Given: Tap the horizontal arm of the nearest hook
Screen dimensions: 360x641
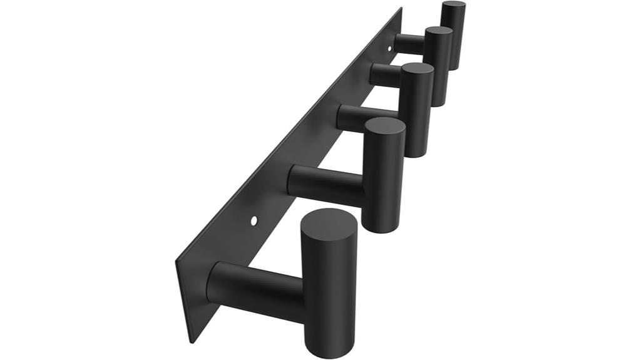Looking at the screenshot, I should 257,289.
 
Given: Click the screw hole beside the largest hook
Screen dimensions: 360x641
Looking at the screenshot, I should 253,220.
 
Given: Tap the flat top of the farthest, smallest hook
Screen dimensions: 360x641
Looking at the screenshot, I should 453,6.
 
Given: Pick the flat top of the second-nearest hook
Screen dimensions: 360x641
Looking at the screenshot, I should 384,126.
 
